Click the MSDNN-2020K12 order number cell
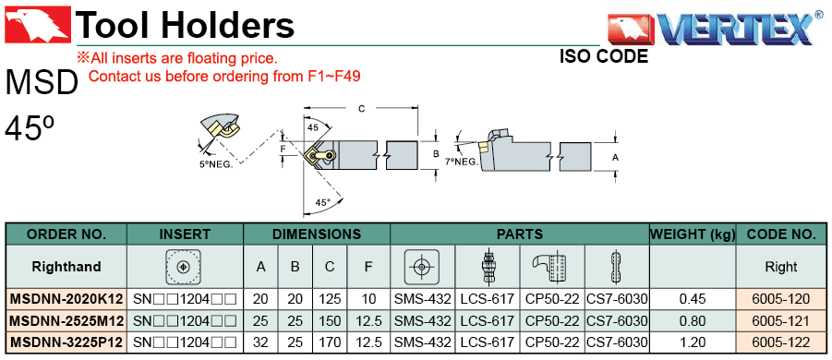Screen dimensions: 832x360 pyautogui.click(x=66, y=299)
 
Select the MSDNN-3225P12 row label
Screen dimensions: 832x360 pyautogui.click(x=66, y=342)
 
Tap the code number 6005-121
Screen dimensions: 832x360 pyautogui.click(x=781, y=320)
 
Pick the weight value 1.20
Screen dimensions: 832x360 pyautogui.click(x=693, y=342)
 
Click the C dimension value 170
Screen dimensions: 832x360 pyautogui.click(x=330, y=342)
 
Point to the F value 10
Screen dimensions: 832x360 pyautogui.click(x=368, y=299)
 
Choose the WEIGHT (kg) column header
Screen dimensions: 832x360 pyautogui.click(x=693, y=234)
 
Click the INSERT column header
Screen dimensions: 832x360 pyautogui.click(x=185, y=234)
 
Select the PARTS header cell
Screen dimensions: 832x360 pyautogui.click(x=520, y=234)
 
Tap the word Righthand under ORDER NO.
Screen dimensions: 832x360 pyautogui.click(x=66, y=266)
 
